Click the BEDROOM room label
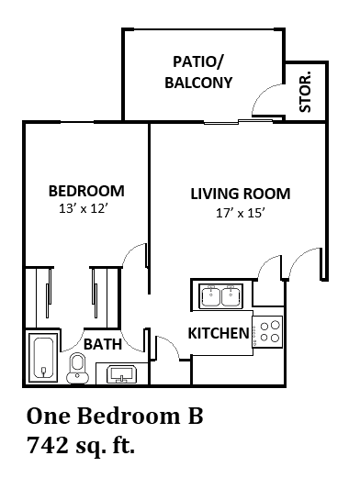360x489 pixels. click(85, 191)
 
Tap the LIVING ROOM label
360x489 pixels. click(240, 194)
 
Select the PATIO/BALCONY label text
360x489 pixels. click(198, 72)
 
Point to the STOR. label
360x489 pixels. click(306, 91)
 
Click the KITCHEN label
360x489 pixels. click(219, 332)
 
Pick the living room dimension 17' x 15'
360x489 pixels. click(240, 212)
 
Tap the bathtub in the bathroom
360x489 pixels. click(43, 358)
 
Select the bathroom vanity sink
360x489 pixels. click(121, 372)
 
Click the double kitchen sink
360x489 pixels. click(219, 296)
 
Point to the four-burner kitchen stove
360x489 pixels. click(268, 330)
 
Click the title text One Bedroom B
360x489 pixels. click(115, 417)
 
